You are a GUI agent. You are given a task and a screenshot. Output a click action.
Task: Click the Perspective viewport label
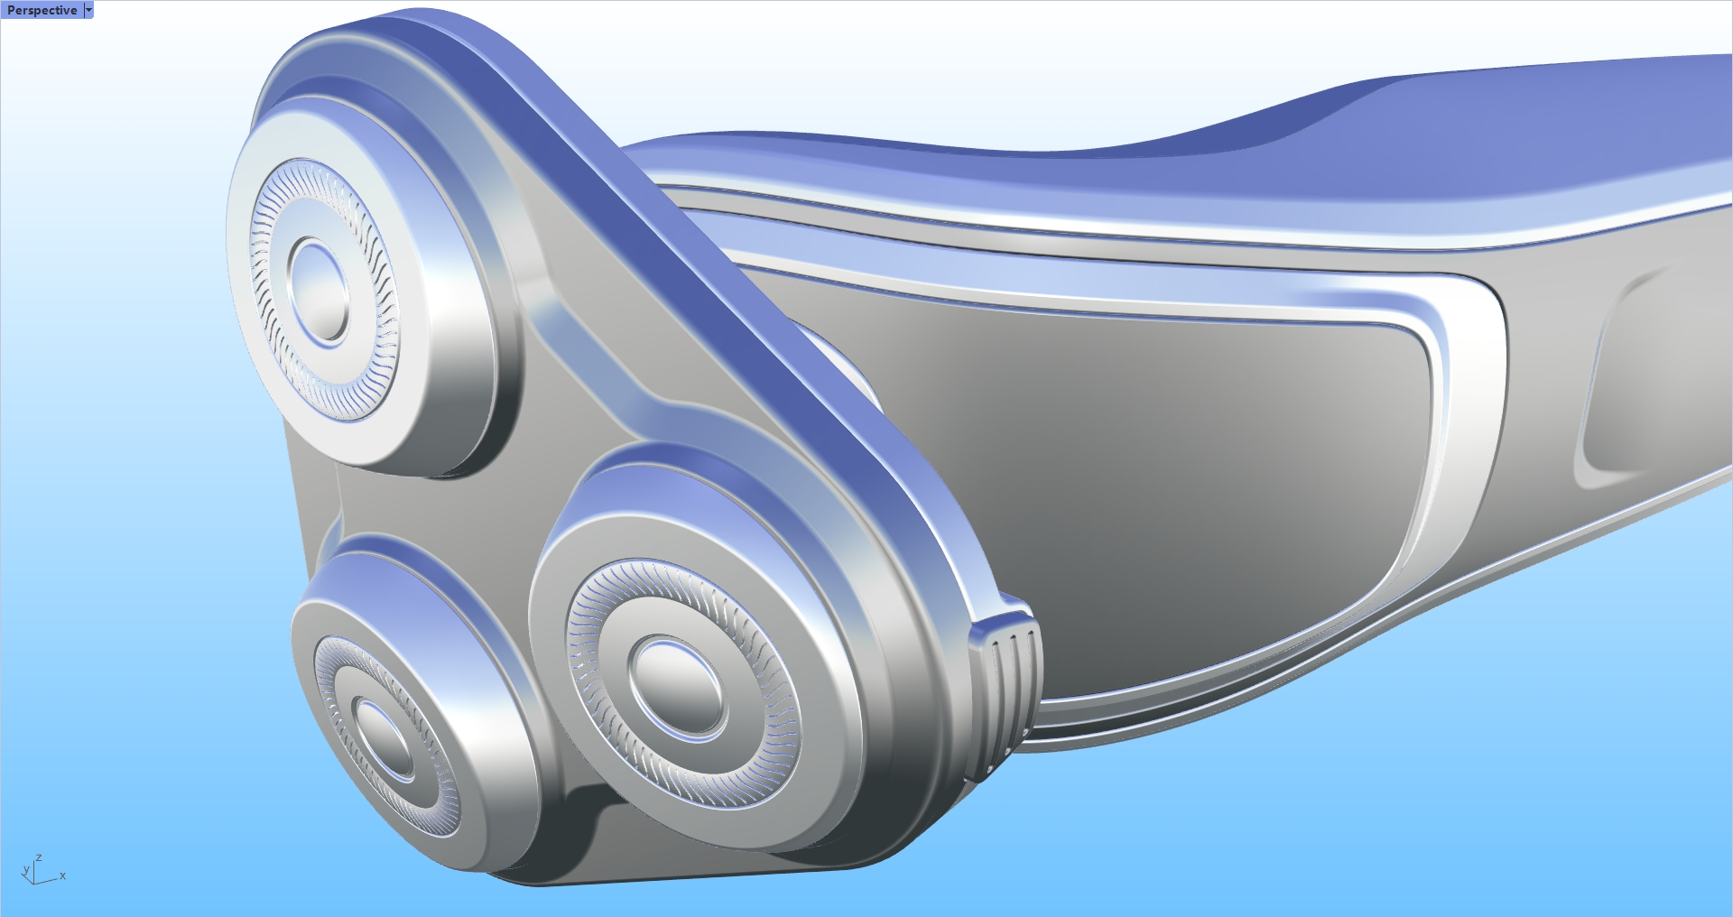click(42, 10)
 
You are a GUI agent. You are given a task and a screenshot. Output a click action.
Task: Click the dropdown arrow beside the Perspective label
click(88, 10)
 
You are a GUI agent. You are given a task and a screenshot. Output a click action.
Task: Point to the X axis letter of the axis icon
click(62, 875)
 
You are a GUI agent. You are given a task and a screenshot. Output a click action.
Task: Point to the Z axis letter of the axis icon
click(39, 858)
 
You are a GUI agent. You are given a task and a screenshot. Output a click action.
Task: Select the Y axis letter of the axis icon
click(25, 871)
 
